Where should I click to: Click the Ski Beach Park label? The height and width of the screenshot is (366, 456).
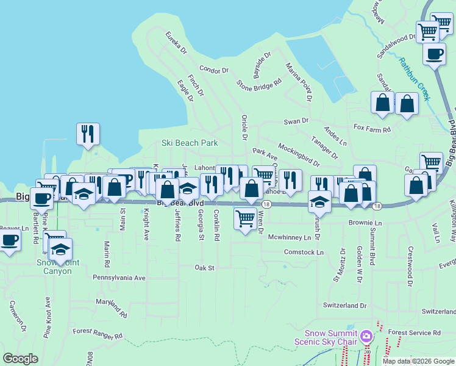pos(189,143)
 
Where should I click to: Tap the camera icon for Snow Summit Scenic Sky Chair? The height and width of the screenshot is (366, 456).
pos(366,336)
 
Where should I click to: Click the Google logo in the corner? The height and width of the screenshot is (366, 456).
pos(20,359)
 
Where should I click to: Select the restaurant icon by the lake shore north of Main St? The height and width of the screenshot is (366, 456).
pos(88,134)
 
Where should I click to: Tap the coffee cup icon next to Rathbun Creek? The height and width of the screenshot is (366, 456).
pos(433,54)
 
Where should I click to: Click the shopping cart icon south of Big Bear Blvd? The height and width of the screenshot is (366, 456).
pos(245,218)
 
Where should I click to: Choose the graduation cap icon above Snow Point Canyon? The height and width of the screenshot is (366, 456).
pos(60,249)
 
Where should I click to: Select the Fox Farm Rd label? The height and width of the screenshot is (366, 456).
pos(372,129)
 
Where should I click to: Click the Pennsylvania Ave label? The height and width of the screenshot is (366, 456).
pos(119,277)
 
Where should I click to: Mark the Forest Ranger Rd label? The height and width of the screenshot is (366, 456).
pos(98,334)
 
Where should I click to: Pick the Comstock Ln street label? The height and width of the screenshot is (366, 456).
pos(304,251)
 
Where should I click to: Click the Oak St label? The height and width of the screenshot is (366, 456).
pos(205,268)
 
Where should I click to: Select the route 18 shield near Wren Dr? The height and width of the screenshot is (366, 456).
pos(267,204)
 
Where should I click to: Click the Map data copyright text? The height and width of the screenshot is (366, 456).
pos(418,361)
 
